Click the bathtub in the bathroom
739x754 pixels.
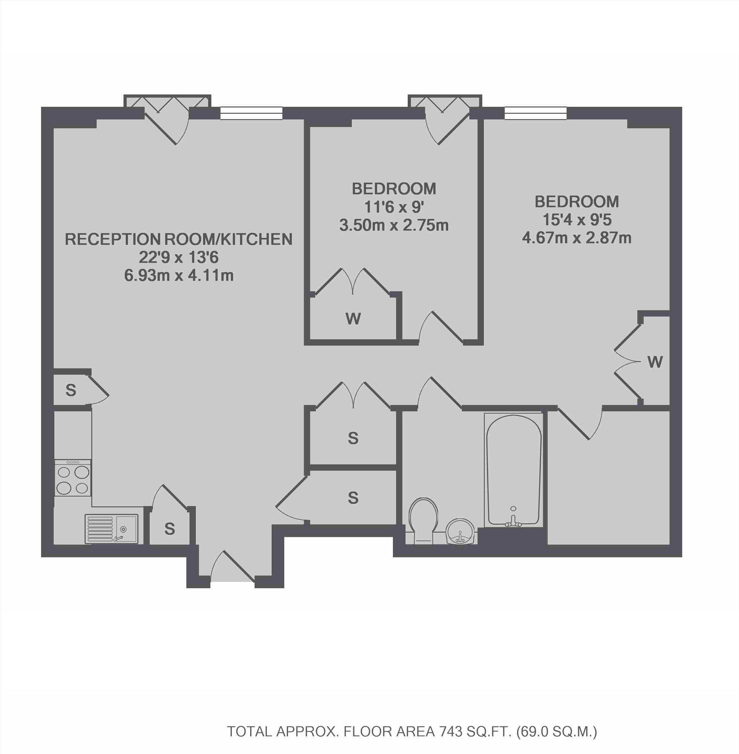(514, 470)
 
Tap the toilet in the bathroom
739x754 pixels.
(423, 520)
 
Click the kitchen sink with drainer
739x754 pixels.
(111, 528)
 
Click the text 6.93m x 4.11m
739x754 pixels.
(179, 276)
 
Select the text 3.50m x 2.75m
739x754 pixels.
(394, 225)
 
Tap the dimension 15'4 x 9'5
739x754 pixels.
(577, 220)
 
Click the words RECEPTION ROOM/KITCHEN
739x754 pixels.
(179, 239)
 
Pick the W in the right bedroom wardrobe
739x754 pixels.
(655, 362)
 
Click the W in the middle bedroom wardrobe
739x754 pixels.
(353, 319)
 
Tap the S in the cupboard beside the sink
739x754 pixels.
(170, 529)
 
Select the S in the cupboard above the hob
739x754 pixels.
(71, 390)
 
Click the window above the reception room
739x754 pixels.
(251, 114)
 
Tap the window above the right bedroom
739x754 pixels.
(535, 114)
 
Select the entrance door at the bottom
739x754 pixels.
(233, 567)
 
